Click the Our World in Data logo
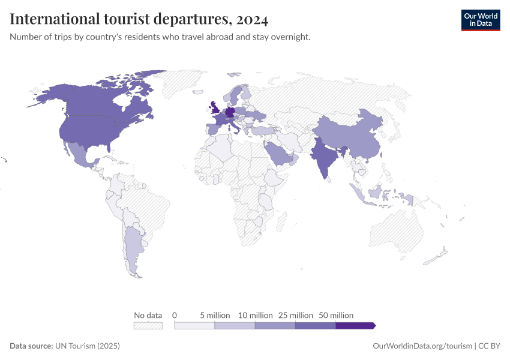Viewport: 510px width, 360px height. tap(480, 20)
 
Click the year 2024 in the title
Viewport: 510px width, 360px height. tap(252, 19)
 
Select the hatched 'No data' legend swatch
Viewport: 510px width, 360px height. tap(148, 326)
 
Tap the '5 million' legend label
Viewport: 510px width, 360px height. tap(214, 315)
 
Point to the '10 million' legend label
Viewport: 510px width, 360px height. tap(255, 315)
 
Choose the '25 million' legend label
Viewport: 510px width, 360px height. tap(295, 315)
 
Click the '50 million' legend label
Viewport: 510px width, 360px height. tap(335, 315)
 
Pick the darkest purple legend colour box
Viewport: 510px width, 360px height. tap(355, 326)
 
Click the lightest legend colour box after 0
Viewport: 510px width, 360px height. tap(194, 326)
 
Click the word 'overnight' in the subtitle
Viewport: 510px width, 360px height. tap(292, 37)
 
